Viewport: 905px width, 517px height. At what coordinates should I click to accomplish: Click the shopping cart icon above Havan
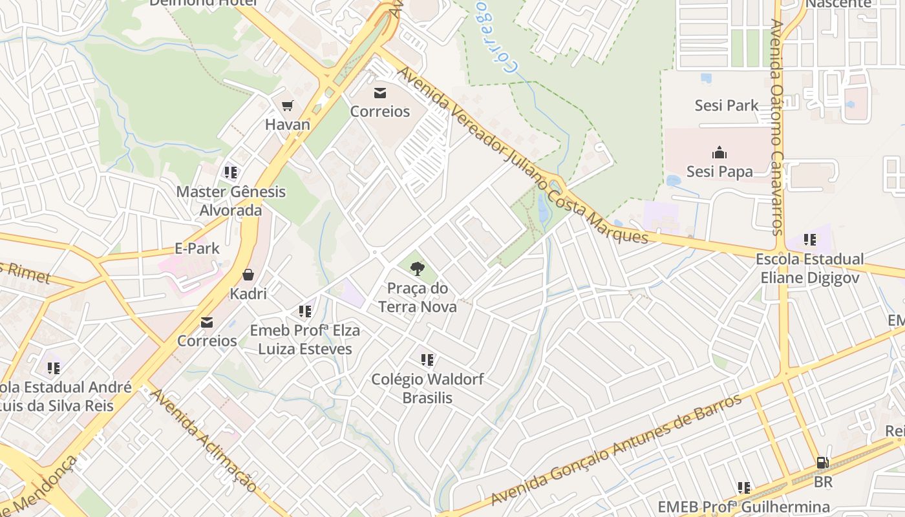point(288,105)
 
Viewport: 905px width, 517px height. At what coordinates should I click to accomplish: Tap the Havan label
point(288,125)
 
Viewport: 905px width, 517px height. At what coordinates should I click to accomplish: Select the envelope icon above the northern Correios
point(380,93)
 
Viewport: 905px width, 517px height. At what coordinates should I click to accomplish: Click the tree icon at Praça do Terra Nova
point(418,268)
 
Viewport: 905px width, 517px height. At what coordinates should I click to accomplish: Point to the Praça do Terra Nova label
point(418,297)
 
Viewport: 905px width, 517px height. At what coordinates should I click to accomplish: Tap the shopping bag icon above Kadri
point(248,275)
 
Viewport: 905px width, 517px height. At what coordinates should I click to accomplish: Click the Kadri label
point(248,294)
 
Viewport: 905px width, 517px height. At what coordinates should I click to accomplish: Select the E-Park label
point(197,248)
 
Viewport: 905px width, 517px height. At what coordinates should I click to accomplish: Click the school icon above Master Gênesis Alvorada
point(231,173)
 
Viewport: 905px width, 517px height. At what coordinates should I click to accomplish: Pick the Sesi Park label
point(727,105)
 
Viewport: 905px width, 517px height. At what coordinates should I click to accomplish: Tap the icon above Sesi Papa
point(719,153)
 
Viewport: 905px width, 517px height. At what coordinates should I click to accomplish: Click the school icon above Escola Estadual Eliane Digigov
point(810,240)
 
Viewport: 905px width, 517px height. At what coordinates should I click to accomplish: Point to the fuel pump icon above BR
point(823,463)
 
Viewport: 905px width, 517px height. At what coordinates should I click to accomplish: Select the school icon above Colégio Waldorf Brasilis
point(427,359)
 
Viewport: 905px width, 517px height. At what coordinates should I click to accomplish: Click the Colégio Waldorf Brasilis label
point(427,388)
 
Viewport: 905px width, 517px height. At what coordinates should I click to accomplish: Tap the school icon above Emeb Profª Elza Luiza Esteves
point(305,311)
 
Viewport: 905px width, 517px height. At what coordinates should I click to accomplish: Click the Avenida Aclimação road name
point(203,439)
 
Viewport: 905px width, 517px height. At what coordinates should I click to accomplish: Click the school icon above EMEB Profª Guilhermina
point(744,488)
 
